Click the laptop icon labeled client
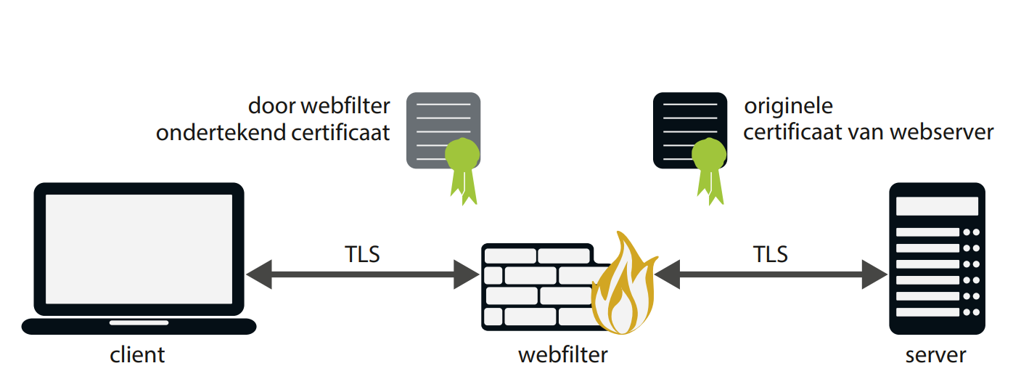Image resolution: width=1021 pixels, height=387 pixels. tap(139, 258)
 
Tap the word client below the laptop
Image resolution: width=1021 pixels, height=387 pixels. tap(137, 355)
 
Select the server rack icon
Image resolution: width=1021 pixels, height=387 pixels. tap(936, 258)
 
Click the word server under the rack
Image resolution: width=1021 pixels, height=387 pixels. tap(936, 355)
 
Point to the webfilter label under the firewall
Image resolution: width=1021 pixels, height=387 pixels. tap(562, 355)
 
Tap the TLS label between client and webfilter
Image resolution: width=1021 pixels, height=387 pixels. tap(362, 255)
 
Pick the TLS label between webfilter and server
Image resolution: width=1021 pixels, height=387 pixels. tap(771, 255)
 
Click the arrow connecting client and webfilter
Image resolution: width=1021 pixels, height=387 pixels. tap(362, 275)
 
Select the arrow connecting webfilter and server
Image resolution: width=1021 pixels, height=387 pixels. tap(771, 275)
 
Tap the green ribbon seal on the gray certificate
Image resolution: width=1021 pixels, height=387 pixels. tap(462, 167)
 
